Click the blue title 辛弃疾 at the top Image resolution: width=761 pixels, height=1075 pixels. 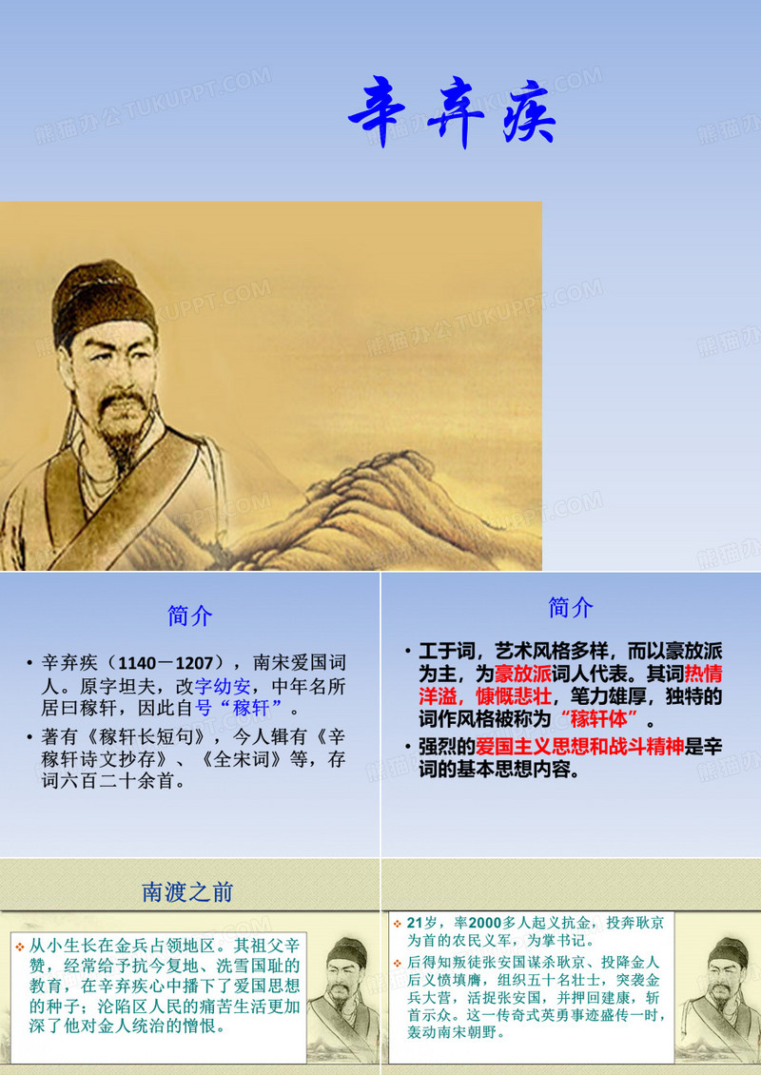tap(452, 116)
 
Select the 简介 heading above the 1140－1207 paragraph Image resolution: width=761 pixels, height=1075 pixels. tap(190, 616)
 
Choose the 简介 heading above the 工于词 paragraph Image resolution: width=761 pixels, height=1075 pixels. tap(571, 607)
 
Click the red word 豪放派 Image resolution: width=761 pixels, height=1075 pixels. tap(523, 674)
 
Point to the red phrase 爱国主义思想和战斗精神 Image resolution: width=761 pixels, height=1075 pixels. tap(581, 747)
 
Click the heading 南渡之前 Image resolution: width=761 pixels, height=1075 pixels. tap(187, 891)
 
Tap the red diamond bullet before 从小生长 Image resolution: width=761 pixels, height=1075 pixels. tap(20, 946)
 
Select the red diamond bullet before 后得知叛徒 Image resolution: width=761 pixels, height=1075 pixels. tap(397, 963)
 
